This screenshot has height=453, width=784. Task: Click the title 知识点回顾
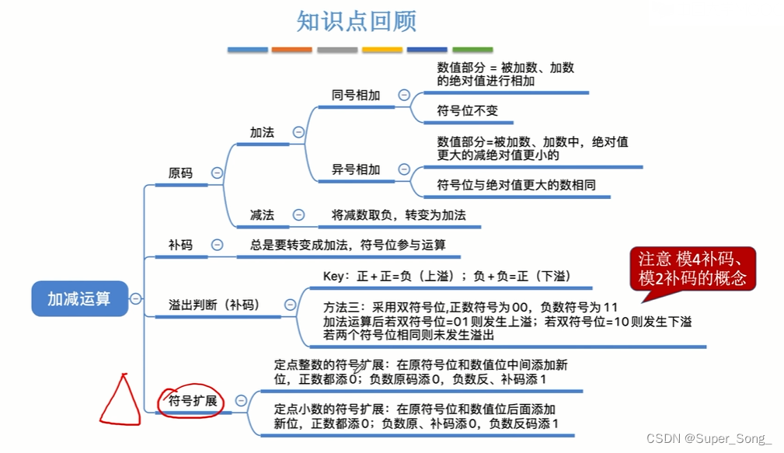coord(357,21)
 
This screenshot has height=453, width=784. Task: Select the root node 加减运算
coord(79,298)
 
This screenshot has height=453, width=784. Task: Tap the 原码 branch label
coord(180,173)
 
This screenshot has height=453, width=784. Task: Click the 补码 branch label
coord(180,245)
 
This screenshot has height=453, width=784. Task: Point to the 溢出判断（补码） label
coord(214,305)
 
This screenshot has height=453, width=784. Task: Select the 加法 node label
coord(262,132)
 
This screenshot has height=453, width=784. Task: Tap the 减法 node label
coord(262,214)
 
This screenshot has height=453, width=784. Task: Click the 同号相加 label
coord(356,95)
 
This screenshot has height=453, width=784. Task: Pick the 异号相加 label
coord(356,169)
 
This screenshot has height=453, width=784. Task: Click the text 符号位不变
coord(467,111)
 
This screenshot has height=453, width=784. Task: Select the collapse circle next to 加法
coord(298,132)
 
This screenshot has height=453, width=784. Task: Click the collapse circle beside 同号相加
coord(403,95)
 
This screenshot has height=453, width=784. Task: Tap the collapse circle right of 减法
coord(298,214)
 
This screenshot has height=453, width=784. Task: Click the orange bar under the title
coord(292,50)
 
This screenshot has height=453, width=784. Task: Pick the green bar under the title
coord(472,50)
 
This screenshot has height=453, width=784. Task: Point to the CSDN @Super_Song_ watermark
coord(709,438)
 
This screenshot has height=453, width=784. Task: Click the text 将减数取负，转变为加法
coord(399,214)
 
